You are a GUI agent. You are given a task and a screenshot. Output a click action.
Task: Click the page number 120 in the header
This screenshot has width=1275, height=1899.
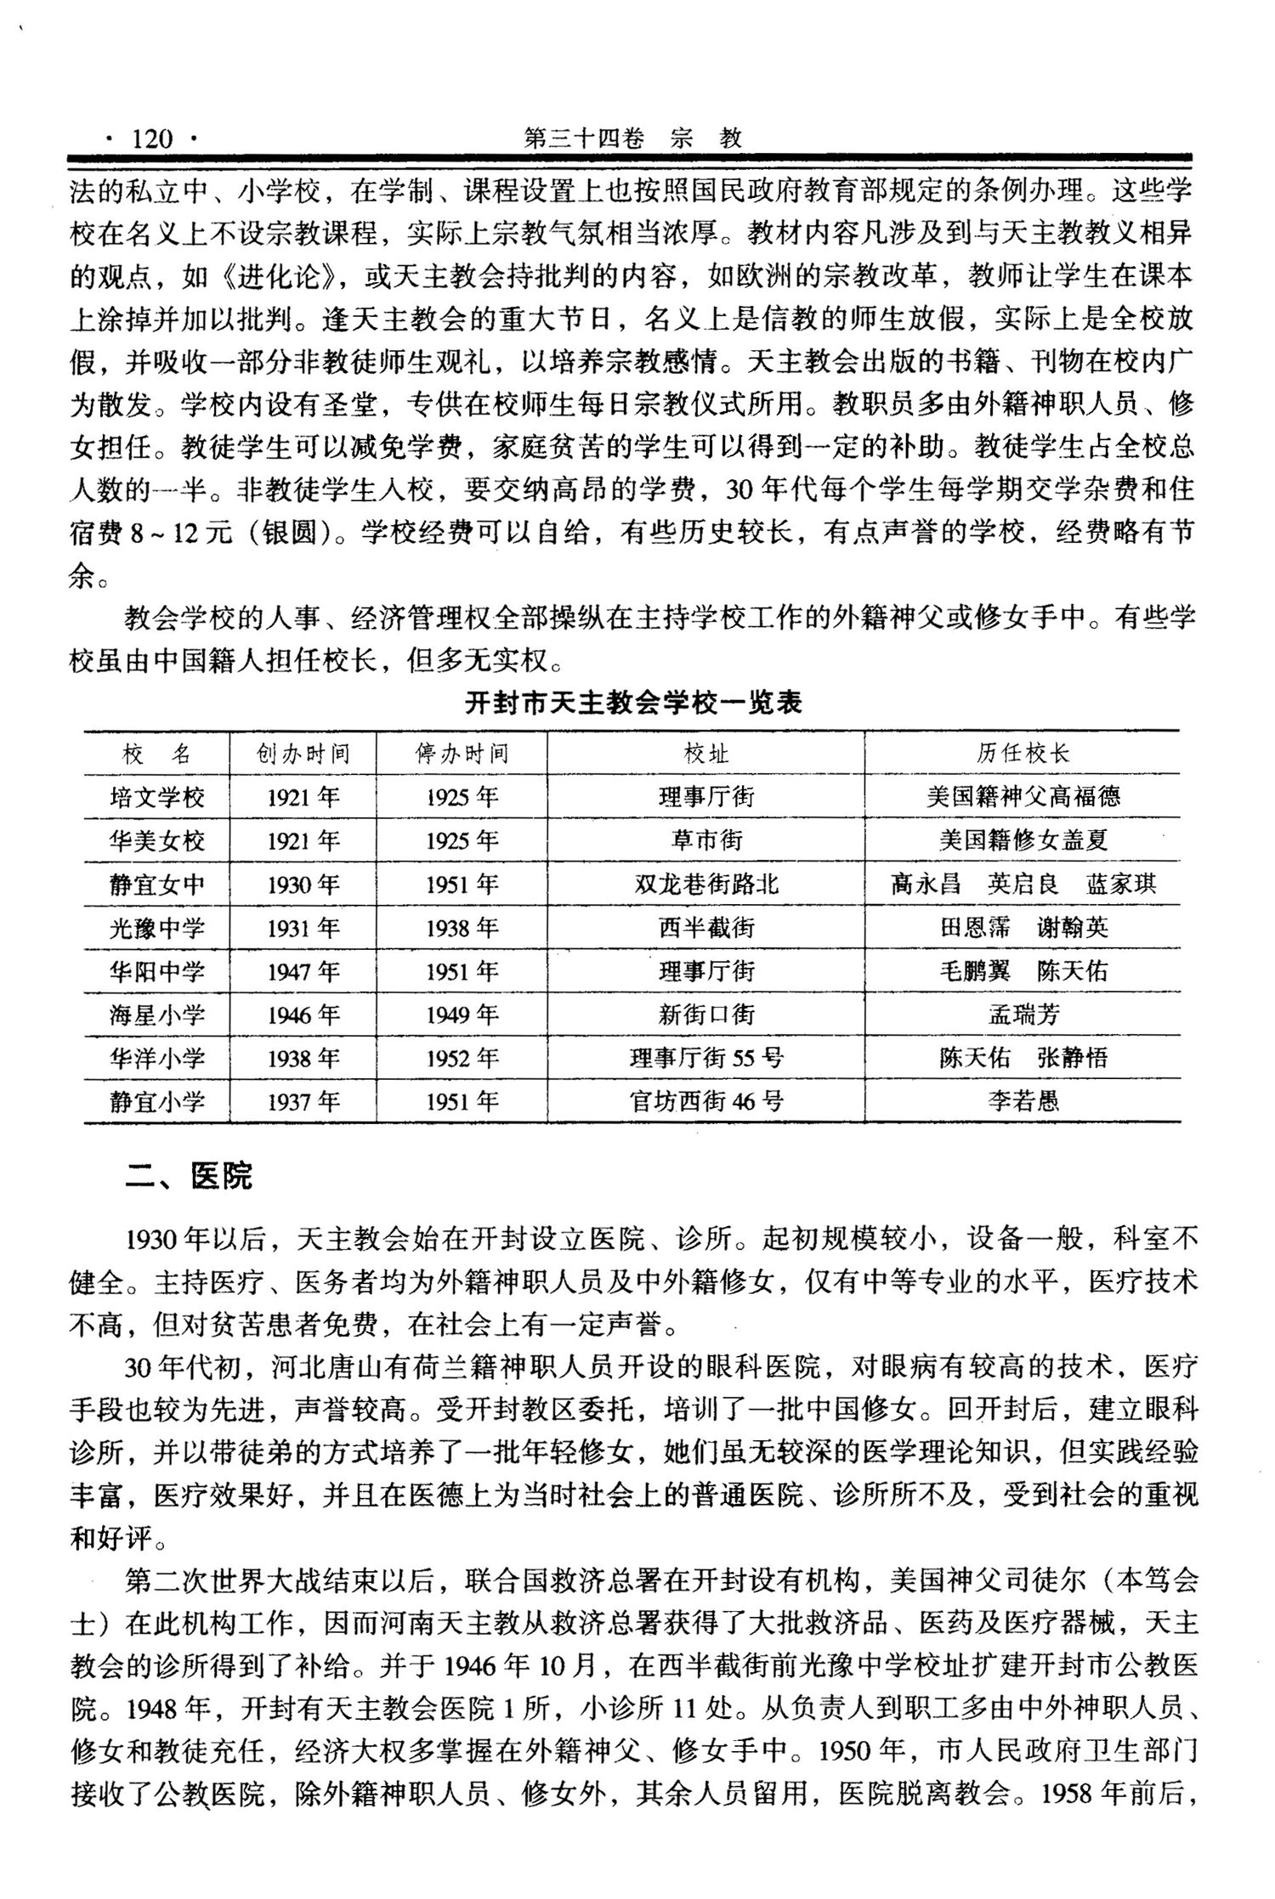152,138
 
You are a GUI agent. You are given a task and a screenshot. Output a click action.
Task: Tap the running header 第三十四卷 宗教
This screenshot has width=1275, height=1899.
633,138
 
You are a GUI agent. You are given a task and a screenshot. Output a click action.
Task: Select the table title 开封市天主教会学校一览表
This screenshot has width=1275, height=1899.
633,704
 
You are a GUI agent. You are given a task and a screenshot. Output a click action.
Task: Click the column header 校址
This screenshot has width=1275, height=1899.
706,754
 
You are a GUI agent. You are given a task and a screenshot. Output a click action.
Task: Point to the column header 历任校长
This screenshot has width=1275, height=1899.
1023,754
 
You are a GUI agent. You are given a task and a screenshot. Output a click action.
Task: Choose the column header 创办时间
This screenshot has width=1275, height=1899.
303,754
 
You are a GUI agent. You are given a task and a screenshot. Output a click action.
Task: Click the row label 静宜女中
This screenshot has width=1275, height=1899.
157,885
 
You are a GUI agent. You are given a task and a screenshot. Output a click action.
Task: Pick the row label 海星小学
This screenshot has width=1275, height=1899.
157,1014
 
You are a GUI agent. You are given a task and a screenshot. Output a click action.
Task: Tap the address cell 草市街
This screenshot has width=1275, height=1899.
706,840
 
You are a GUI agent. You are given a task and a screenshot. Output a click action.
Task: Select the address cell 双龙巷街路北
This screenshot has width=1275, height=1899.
706,885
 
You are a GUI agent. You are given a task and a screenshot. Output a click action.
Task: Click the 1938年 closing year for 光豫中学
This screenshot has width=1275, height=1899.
462,928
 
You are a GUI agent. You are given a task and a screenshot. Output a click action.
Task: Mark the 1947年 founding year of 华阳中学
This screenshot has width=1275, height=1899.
303,971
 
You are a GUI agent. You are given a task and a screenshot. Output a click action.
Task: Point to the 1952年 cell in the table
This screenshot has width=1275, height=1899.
462,1058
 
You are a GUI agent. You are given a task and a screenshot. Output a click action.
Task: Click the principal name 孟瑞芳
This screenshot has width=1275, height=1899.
1023,1014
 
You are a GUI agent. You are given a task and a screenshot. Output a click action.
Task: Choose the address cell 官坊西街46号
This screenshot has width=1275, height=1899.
706,1102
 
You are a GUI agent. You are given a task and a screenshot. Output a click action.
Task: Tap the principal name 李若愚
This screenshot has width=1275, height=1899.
1023,1102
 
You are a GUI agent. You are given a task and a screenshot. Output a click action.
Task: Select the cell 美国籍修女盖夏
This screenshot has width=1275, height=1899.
1023,840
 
